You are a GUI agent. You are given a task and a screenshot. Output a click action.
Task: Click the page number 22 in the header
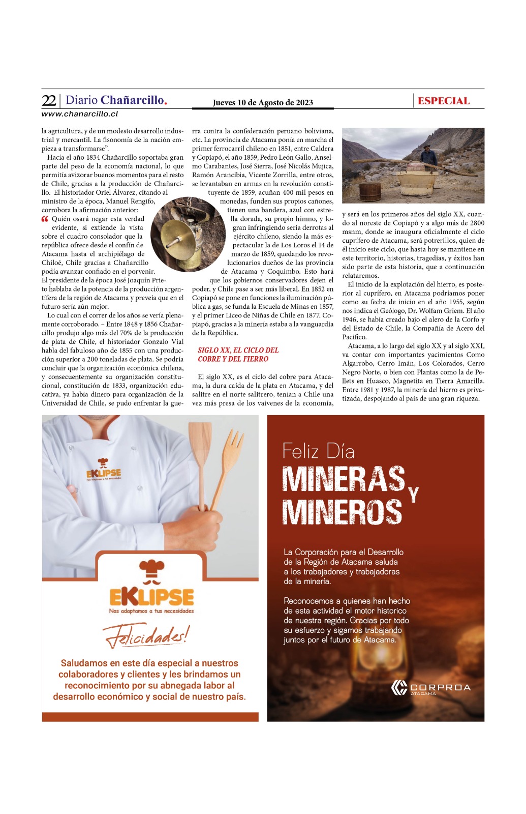49,100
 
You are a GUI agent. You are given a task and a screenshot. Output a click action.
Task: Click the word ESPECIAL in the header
444,101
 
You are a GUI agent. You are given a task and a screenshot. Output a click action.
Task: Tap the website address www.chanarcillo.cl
80,114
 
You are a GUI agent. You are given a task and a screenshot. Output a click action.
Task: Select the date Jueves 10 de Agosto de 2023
263,102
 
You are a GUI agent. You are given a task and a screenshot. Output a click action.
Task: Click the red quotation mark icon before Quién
45,219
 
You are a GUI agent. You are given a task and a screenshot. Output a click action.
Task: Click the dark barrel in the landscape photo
370,191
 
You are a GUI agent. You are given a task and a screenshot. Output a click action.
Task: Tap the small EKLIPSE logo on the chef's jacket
103,471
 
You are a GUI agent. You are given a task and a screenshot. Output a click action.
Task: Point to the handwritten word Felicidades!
146,636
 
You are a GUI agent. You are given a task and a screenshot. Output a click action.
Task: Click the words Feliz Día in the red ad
319,451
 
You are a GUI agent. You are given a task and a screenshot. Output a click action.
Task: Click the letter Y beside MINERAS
414,494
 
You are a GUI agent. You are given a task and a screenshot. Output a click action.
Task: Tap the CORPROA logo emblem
399,687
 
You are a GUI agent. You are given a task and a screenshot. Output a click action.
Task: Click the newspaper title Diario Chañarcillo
116,100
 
